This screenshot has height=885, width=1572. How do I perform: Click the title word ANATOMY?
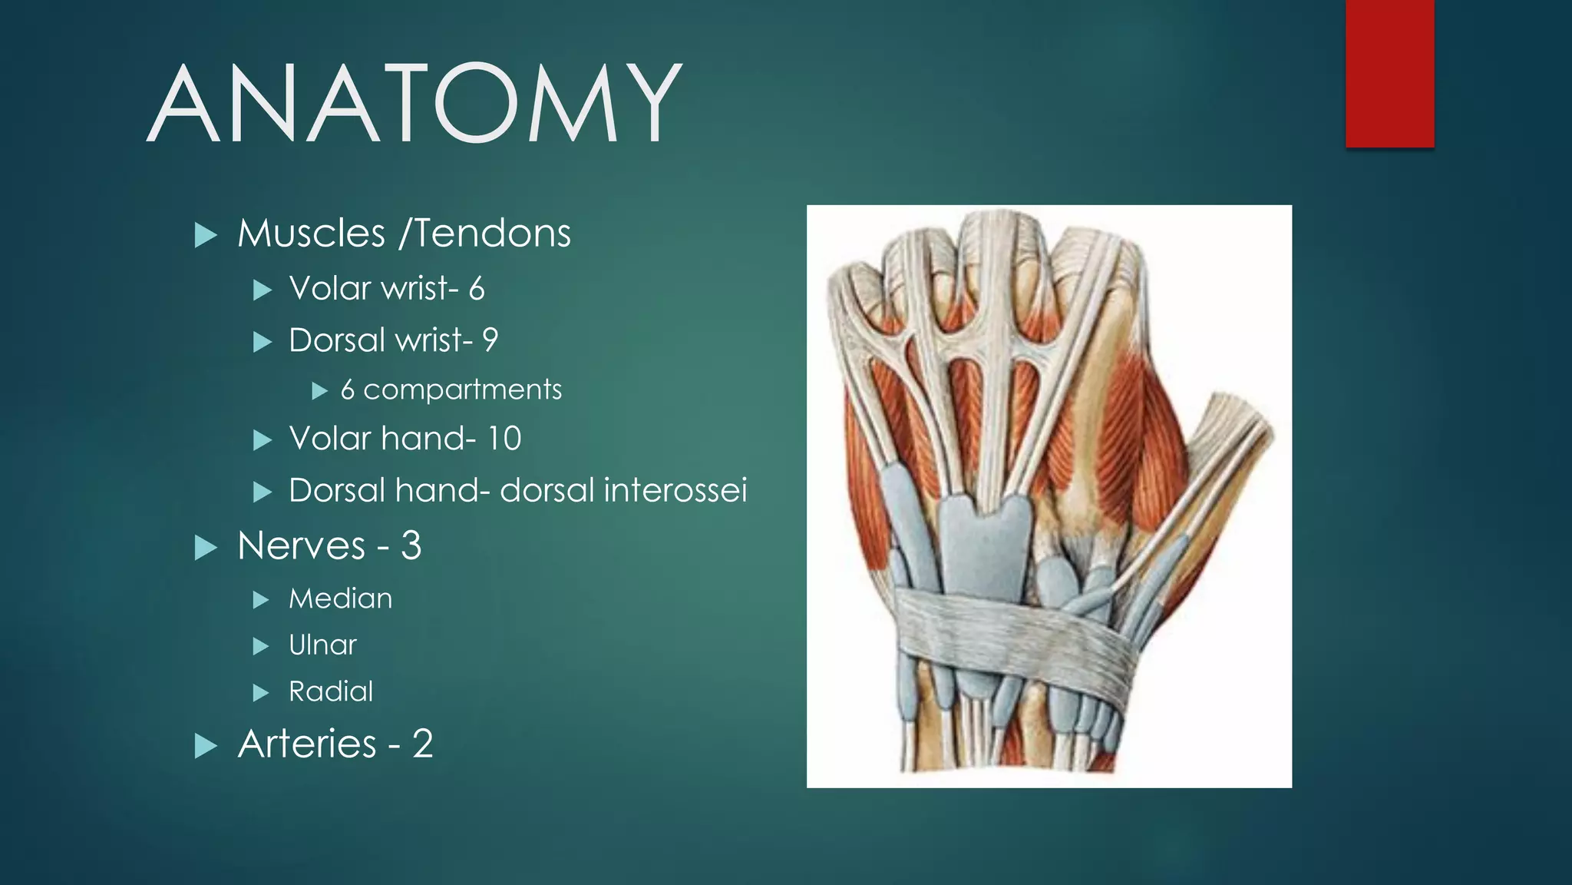[414, 104]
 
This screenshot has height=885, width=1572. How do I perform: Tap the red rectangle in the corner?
[1389, 74]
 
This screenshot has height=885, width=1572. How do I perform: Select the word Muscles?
[311, 234]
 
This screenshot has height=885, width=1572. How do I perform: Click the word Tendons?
[493, 234]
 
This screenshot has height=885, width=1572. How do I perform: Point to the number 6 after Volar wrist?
[477, 290]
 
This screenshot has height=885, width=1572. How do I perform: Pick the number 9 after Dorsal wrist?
[490, 340]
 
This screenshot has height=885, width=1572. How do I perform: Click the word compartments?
[462, 390]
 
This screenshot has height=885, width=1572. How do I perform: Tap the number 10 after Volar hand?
[504, 439]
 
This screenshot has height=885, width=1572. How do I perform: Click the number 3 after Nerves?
[411, 546]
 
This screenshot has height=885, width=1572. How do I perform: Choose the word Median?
[340, 598]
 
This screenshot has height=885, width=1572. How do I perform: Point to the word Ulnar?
[322, 645]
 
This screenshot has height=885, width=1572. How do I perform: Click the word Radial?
[331, 691]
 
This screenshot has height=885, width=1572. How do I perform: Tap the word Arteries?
[307, 744]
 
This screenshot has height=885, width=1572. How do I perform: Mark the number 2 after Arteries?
[422, 744]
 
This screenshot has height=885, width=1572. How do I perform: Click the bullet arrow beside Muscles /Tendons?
[206, 235]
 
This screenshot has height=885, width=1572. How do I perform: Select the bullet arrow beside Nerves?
[206, 548]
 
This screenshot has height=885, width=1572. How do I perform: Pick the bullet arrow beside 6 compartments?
[319, 392]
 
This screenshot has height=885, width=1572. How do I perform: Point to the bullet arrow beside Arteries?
[206, 746]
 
